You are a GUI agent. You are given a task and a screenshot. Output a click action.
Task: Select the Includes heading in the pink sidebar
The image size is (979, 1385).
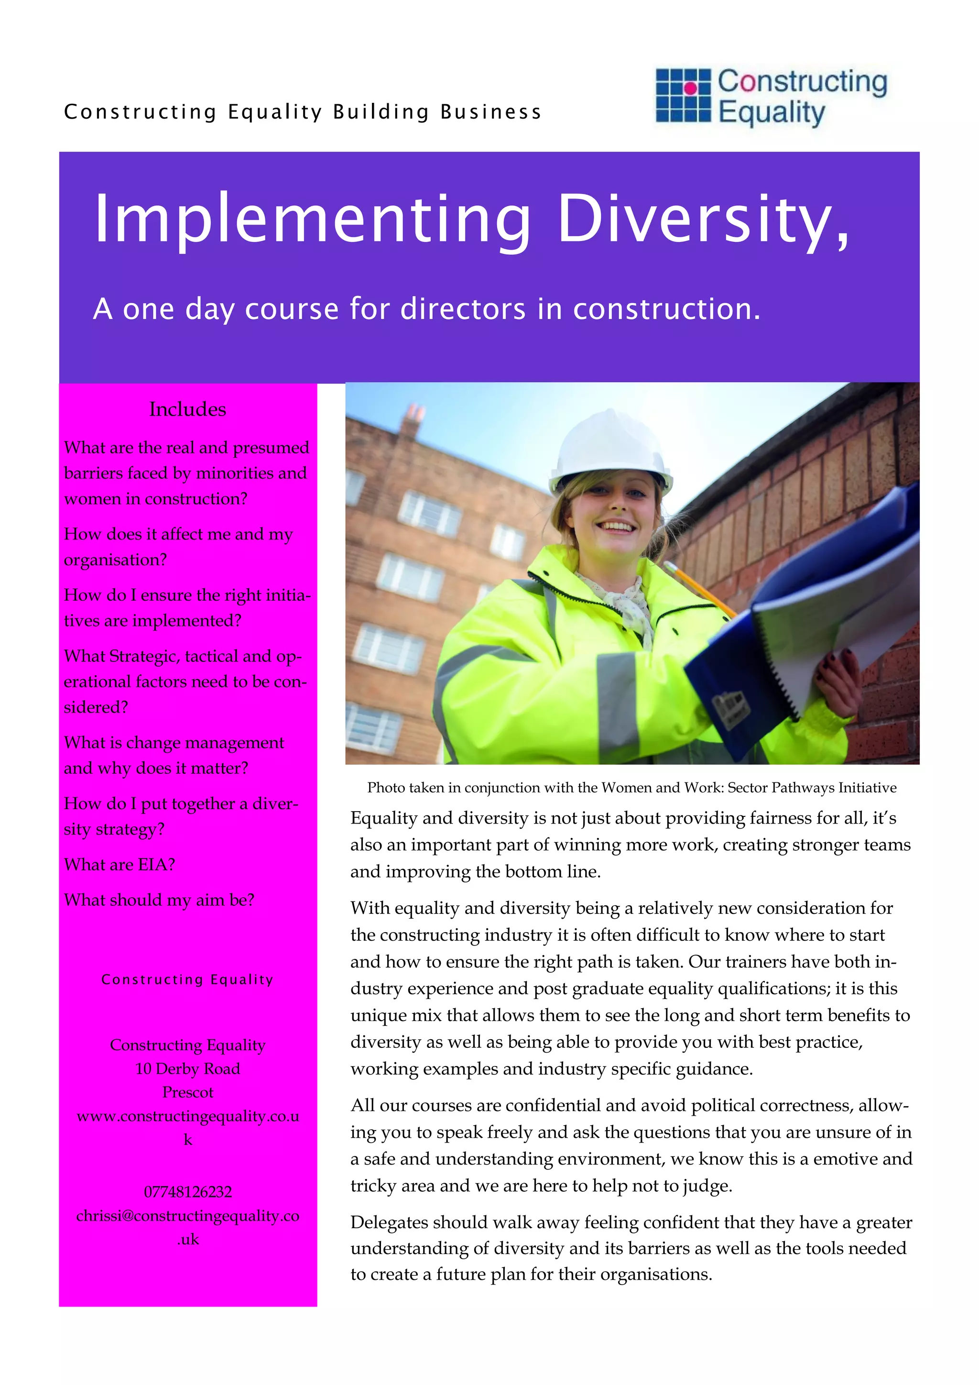pos(187,409)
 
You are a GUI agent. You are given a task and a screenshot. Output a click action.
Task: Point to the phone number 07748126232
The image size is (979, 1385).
pos(187,1192)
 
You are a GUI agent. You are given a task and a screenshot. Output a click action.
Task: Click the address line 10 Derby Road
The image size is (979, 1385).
pos(187,1068)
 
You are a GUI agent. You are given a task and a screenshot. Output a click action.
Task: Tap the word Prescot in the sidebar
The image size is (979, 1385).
pos(187,1092)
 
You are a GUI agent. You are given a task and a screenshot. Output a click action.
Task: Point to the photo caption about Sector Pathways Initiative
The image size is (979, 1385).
pos(631,787)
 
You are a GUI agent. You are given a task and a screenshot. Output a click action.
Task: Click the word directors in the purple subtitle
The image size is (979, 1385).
pos(464,309)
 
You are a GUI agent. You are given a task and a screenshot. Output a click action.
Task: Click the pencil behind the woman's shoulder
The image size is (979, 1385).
pos(699,591)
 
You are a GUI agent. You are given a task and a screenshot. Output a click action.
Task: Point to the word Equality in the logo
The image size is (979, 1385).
pos(771,113)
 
